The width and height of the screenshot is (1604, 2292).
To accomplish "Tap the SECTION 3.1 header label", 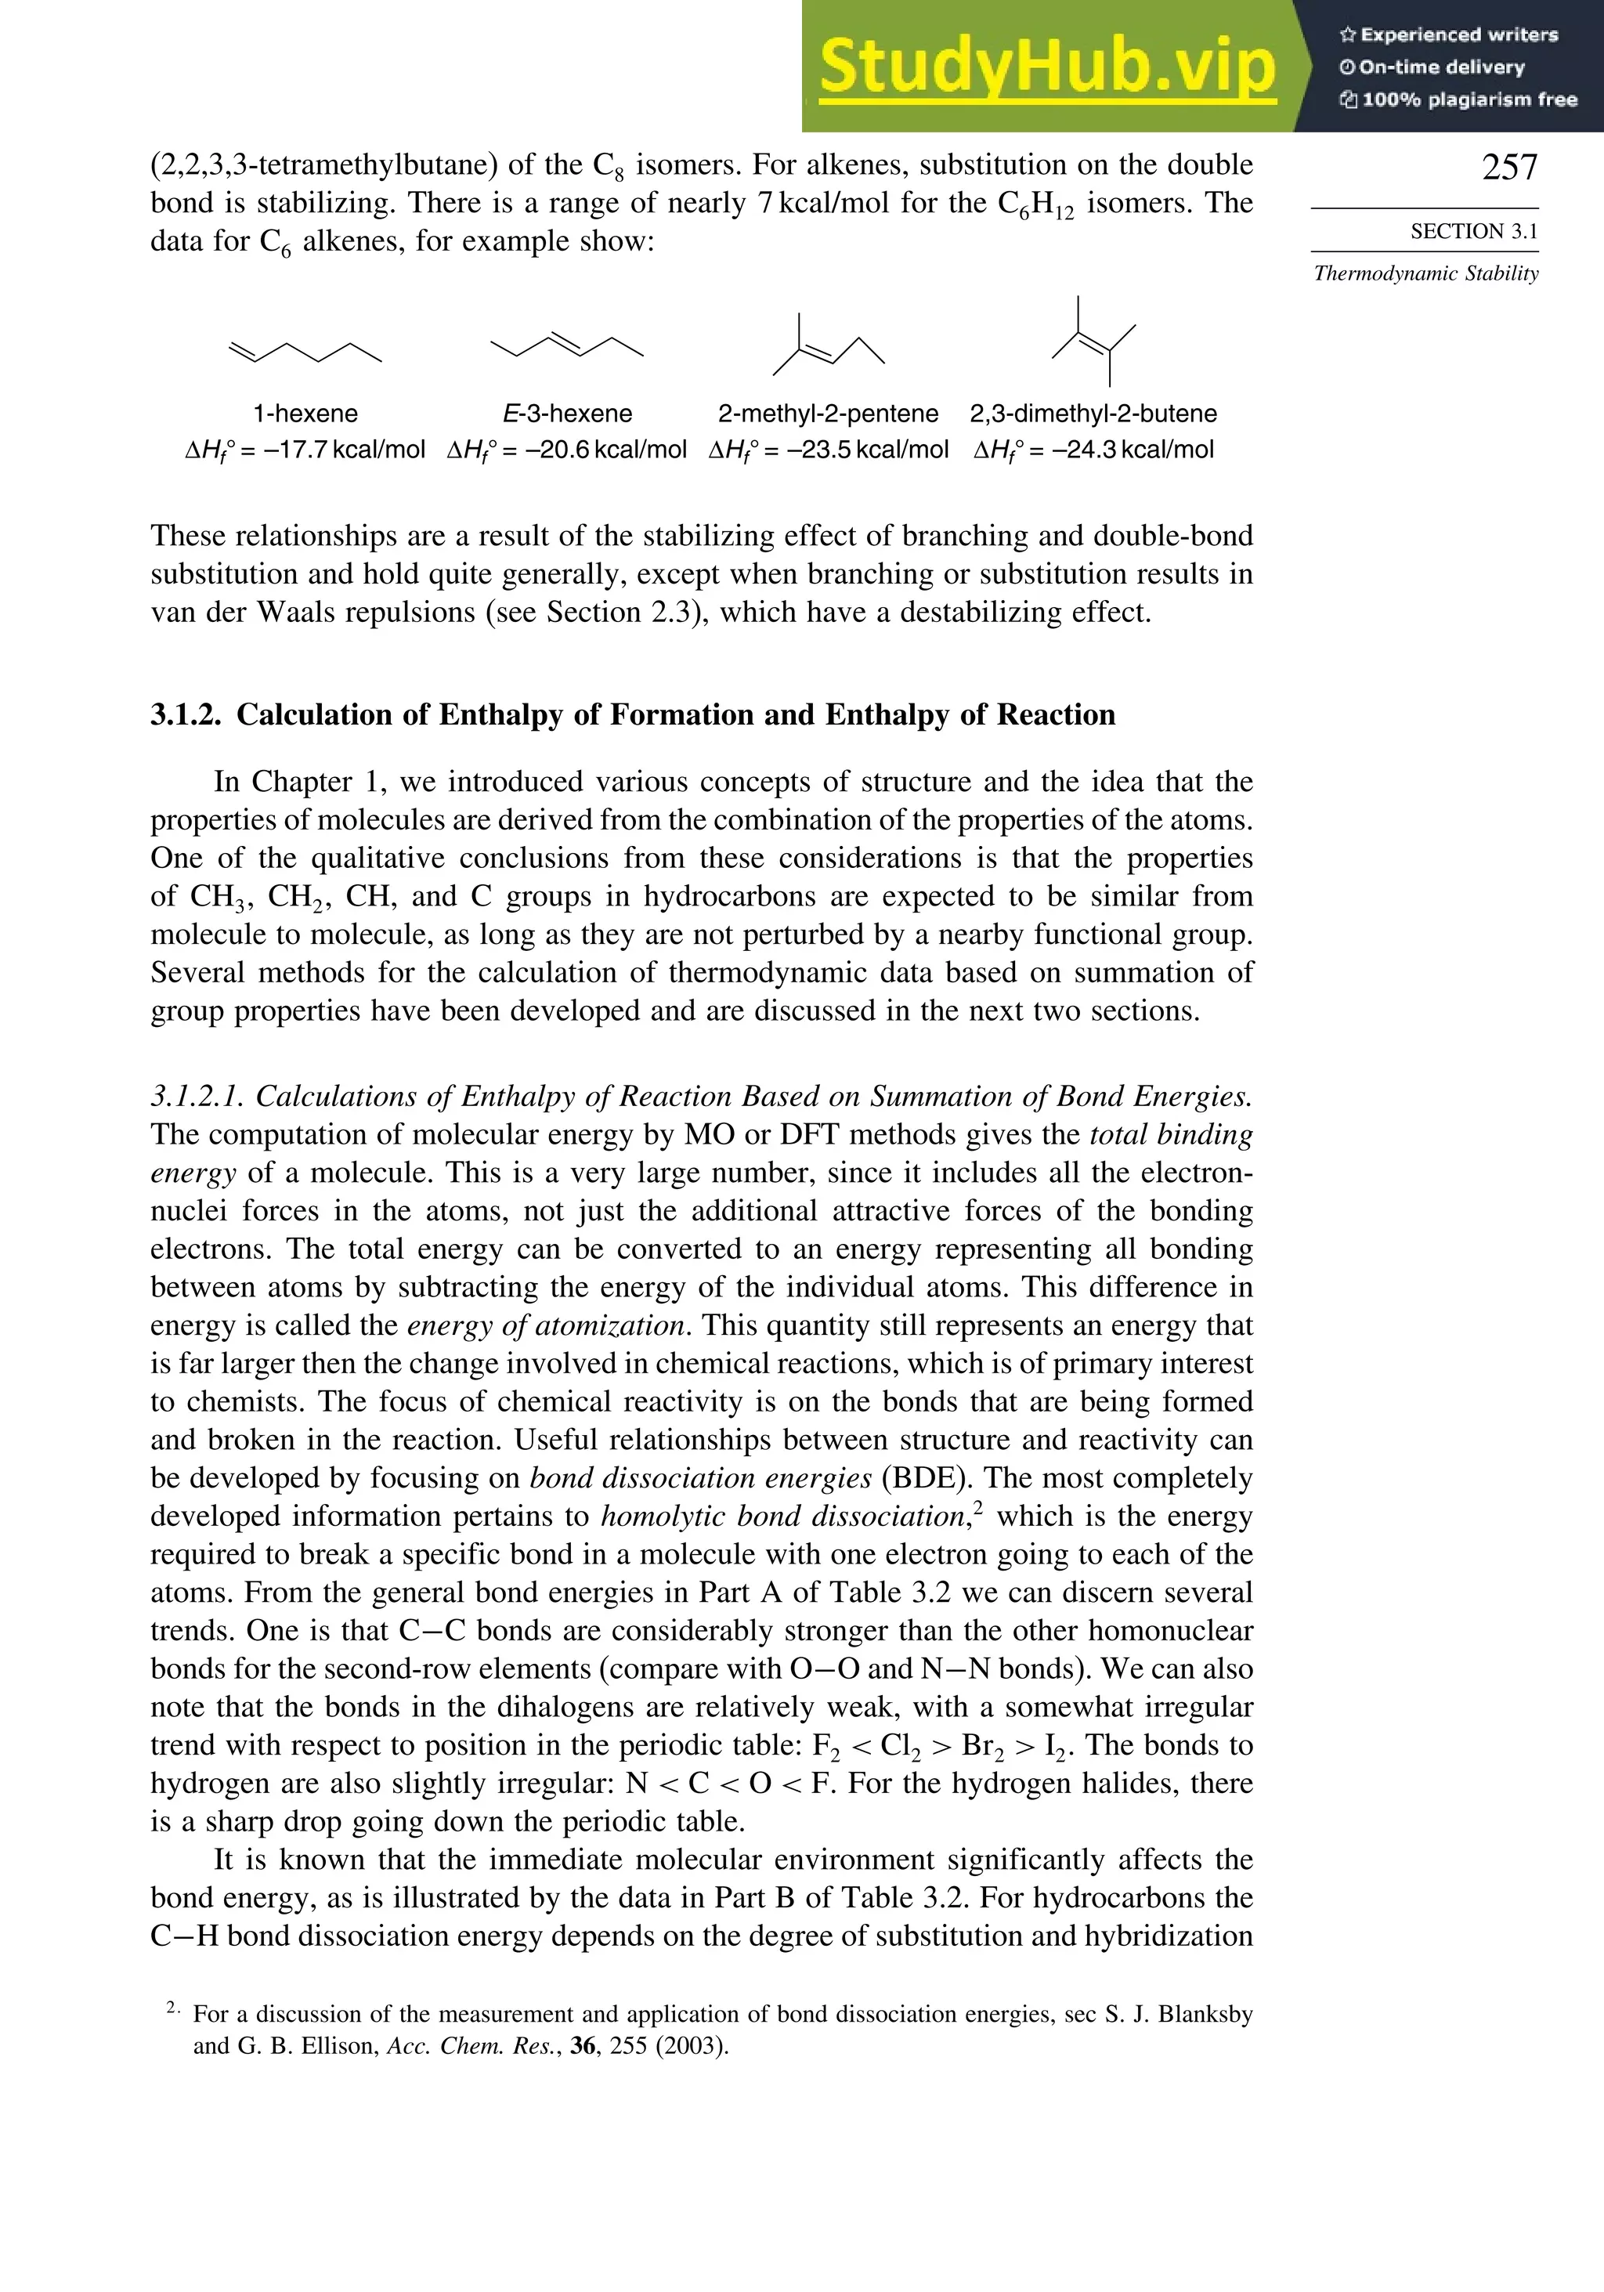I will click(1473, 232).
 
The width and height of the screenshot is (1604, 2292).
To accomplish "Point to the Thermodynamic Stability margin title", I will click(1425, 273).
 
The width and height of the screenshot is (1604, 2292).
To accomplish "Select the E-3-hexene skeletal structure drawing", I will click(567, 345).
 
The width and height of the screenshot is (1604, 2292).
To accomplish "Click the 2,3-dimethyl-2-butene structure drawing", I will click(1094, 342).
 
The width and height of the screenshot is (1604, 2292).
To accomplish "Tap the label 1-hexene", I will click(305, 414).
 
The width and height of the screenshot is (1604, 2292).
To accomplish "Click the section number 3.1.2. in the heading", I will click(186, 714).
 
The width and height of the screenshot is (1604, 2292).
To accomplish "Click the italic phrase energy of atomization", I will click(546, 1325).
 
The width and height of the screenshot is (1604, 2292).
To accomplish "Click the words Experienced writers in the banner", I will click(1458, 35).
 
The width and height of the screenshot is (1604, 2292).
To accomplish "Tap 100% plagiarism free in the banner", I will click(1469, 99).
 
